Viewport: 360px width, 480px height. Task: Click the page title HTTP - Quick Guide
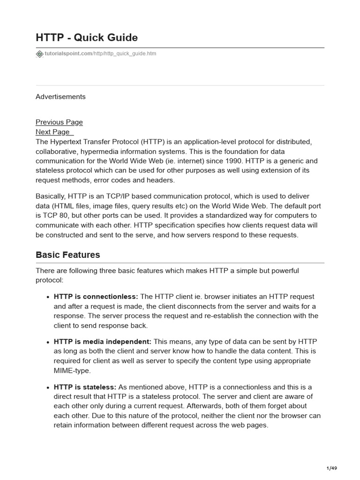pos(87,37)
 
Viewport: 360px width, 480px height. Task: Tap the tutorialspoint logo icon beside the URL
pos(39,54)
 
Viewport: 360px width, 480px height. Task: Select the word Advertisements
pos(60,97)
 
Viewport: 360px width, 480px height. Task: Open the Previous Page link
pos(59,122)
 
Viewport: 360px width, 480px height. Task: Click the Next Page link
pos(53,132)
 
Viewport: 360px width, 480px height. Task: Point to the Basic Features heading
pos(68,255)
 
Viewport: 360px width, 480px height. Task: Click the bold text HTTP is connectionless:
pos(96,296)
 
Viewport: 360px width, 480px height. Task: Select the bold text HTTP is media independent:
pos(103,342)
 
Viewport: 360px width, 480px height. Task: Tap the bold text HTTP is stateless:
pos(85,387)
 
